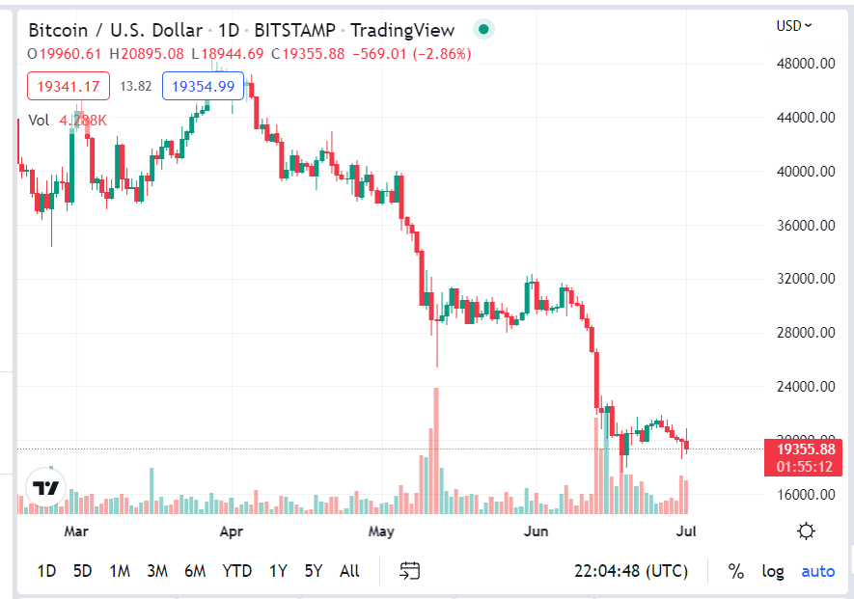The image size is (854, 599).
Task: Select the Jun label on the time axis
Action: point(535,531)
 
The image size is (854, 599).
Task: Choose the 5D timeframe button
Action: point(83,571)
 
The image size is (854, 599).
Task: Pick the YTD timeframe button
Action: point(236,571)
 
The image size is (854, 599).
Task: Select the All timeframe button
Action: point(349,571)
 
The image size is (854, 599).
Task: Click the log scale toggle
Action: point(773,571)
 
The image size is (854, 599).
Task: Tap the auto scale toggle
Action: point(818,571)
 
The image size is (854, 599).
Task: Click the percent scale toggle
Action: point(736,571)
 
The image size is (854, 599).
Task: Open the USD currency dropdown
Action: point(794,26)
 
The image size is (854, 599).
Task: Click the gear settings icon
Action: point(807,531)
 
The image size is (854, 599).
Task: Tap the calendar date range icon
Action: point(411,571)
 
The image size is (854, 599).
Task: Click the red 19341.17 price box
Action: point(68,87)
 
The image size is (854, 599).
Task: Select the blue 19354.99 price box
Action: point(203,87)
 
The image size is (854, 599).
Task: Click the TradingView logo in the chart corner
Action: point(46,488)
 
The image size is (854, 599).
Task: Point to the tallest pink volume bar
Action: point(436,449)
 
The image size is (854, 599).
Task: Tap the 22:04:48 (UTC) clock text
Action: point(630,571)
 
